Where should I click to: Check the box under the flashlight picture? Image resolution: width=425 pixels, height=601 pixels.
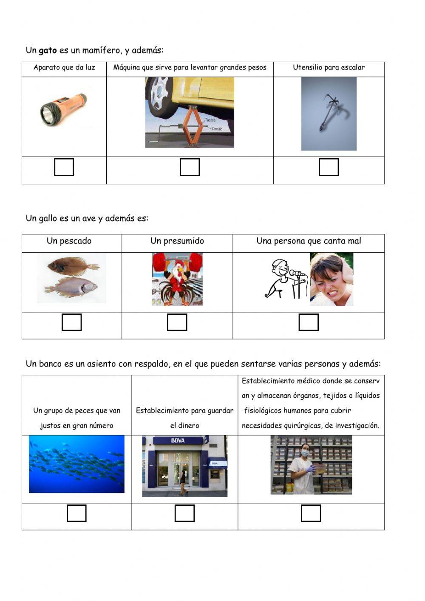click(x=64, y=167)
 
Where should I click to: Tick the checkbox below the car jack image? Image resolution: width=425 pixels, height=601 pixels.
click(x=190, y=167)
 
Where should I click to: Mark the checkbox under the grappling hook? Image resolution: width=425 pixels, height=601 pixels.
click(x=329, y=167)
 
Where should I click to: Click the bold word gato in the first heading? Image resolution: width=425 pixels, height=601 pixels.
click(x=48, y=51)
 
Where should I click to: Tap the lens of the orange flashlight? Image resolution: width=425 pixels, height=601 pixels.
click(x=47, y=113)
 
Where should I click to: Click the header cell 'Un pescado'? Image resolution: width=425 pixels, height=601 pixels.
click(x=69, y=241)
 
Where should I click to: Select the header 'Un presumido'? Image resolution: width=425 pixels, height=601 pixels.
click(x=177, y=241)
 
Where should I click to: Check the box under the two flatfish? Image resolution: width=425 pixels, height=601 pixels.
click(x=71, y=322)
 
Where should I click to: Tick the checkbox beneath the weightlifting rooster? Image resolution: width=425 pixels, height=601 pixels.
click(x=177, y=322)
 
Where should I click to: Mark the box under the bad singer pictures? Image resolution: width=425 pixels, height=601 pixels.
click(x=309, y=322)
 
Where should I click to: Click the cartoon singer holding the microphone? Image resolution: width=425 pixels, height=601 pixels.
click(x=282, y=279)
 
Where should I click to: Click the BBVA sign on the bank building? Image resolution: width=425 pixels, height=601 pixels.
click(x=178, y=441)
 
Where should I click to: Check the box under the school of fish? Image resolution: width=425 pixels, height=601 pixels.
click(x=76, y=513)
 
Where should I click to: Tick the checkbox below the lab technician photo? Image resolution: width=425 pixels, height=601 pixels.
click(x=311, y=513)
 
